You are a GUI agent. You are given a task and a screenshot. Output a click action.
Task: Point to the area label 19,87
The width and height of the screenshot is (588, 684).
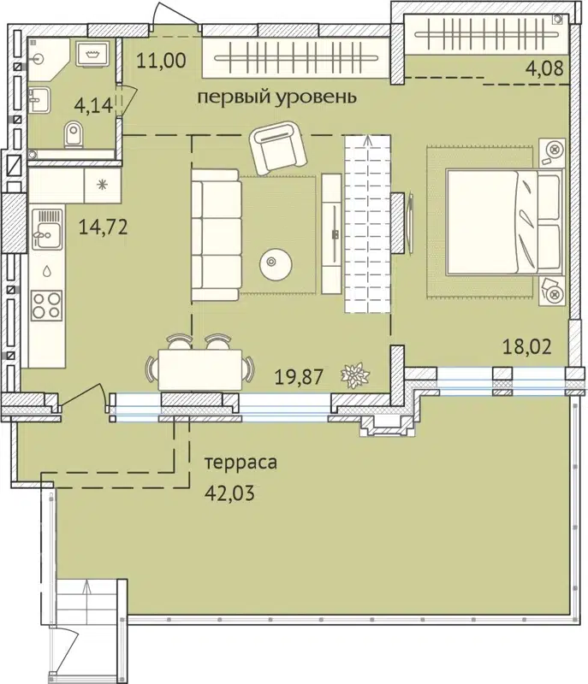tap(296, 373)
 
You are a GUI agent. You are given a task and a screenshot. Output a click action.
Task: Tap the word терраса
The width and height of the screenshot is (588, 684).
tap(241, 463)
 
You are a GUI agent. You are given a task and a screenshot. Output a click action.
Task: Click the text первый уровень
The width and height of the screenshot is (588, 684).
tap(276, 97)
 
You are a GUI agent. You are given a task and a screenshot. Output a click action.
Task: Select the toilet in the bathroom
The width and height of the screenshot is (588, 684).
tap(74, 134)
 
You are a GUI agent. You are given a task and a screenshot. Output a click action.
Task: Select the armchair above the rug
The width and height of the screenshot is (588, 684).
tap(279, 146)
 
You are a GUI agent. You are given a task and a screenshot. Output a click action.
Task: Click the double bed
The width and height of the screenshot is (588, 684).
tap(502, 223)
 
